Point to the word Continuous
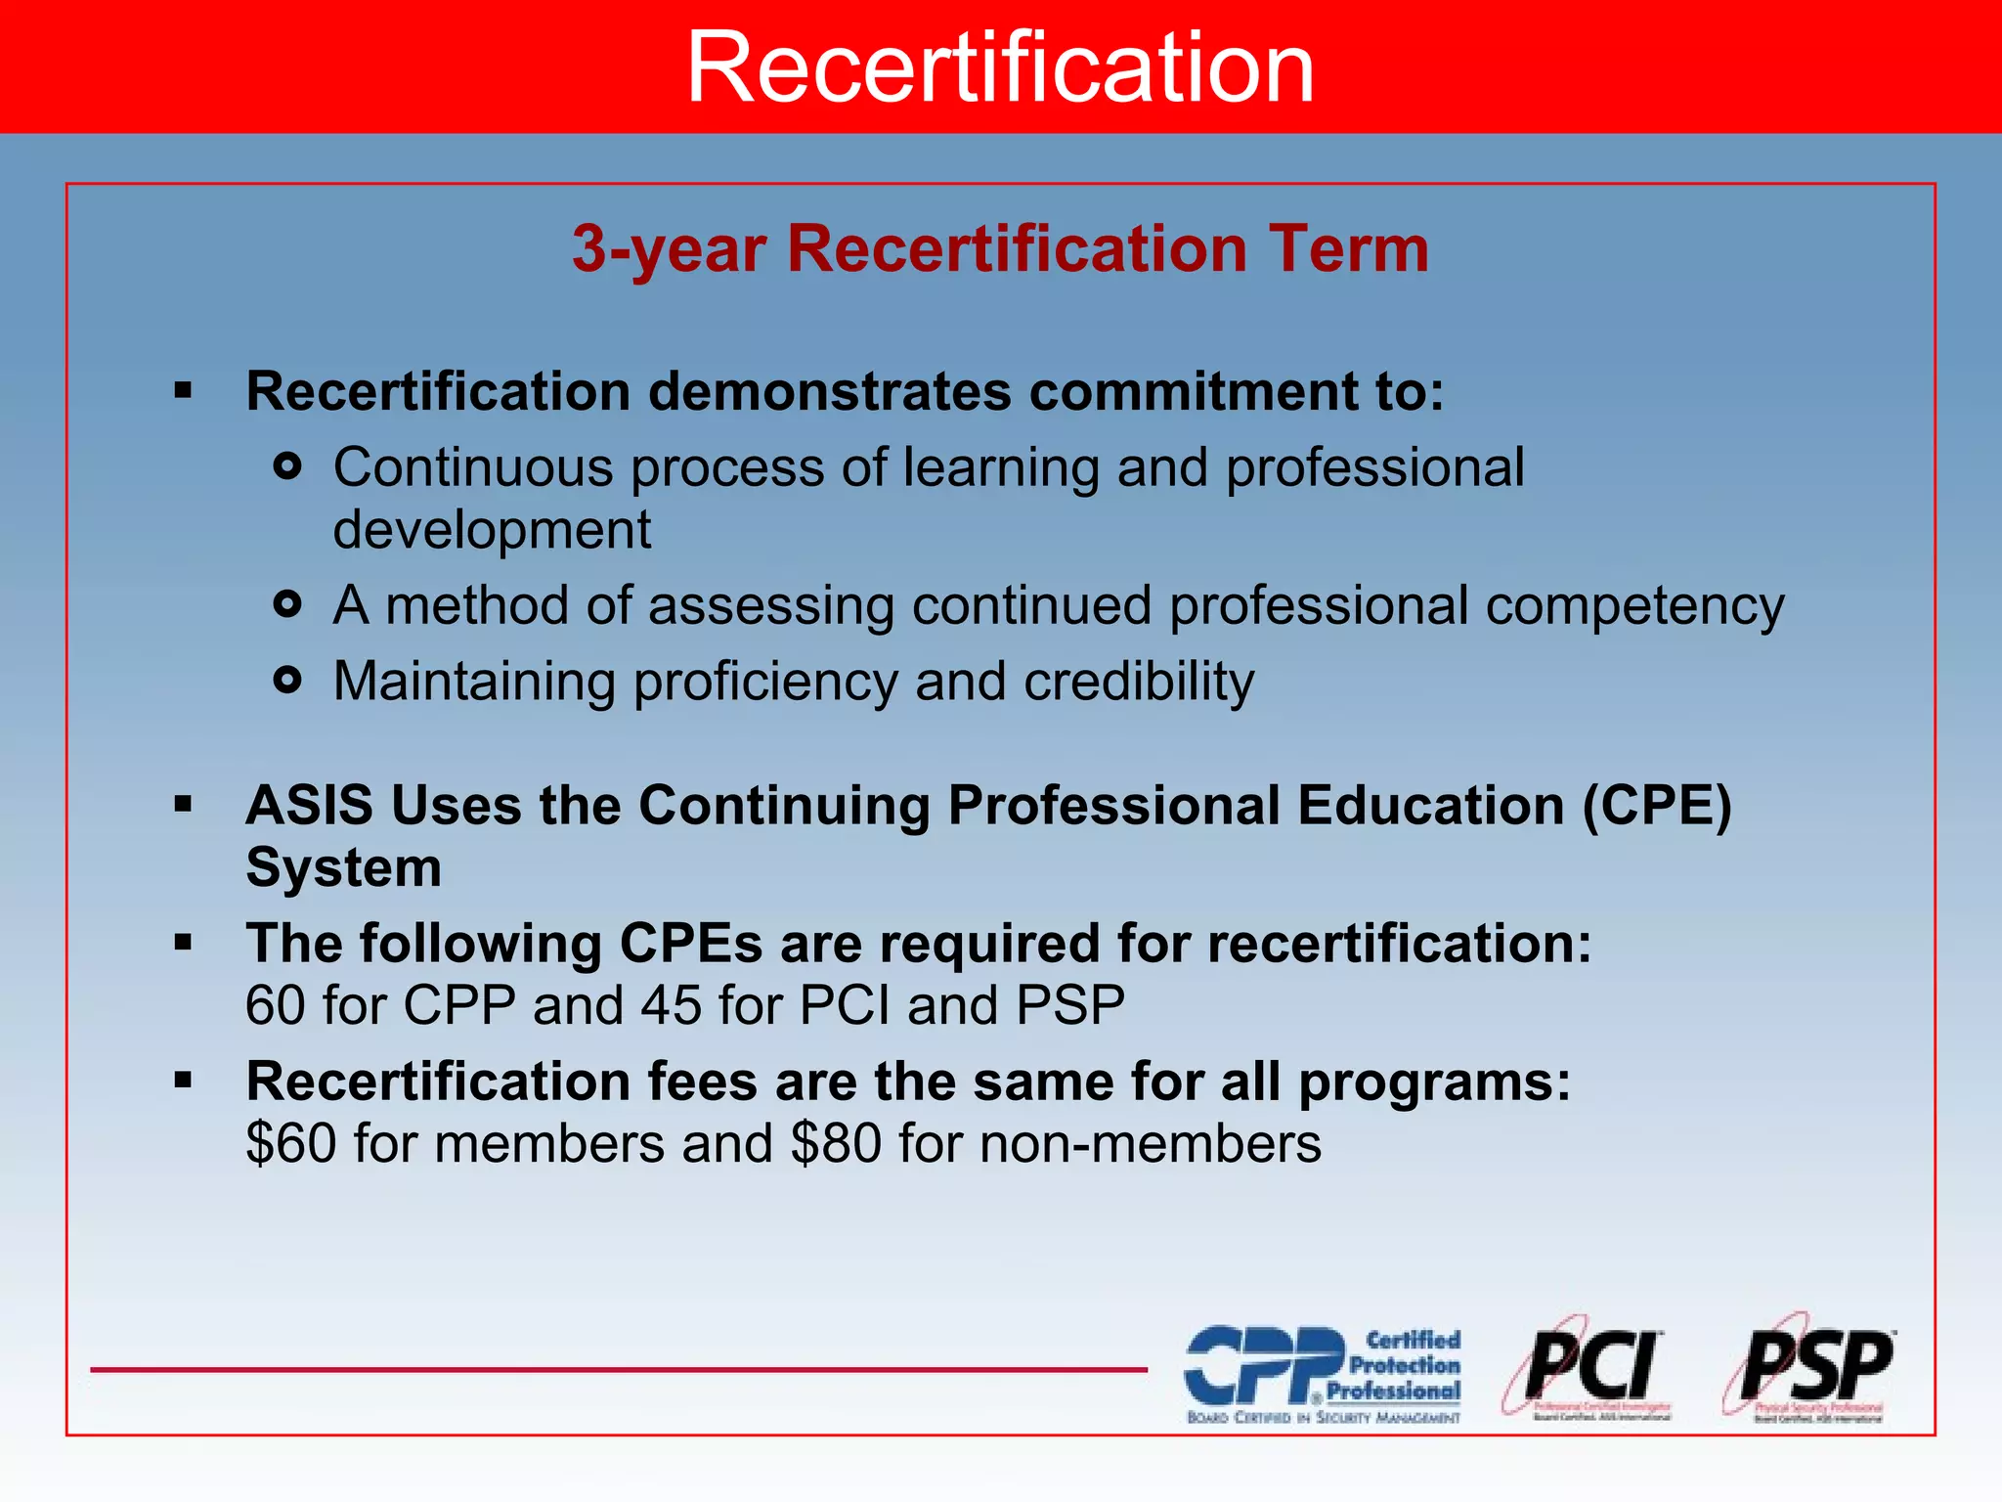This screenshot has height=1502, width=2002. (473, 467)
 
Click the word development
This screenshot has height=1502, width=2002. (492, 530)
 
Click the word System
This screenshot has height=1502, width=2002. (344, 867)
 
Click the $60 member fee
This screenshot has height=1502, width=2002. (291, 1143)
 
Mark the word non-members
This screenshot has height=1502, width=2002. (1151, 1143)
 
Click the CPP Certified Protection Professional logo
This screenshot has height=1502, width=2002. (1323, 1373)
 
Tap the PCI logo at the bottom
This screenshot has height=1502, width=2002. (1588, 1369)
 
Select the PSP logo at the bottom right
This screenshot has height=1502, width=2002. (1810, 1369)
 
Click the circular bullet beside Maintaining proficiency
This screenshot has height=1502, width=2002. (287, 680)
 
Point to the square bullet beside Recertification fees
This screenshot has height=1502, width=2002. (183, 1081)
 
